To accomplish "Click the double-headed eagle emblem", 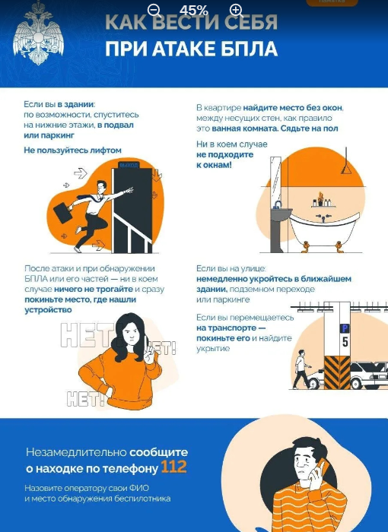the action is point(38,34).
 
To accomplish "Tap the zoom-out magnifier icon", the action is point(154,10).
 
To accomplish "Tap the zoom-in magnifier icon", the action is point(237,10).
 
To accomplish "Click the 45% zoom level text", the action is point(194,10).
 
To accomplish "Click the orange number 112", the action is point(173,467).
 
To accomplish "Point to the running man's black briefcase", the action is point(63,212).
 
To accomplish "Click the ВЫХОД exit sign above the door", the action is point(129,165).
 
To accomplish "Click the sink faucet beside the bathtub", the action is point(278,204).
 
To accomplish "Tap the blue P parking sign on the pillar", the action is point(345,328).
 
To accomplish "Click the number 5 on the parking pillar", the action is point(345,342).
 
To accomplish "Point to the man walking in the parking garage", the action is point(301,369).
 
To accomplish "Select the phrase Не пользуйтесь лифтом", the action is point(72,150).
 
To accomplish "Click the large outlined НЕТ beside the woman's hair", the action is point(87,335).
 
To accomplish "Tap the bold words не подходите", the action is point(225,155).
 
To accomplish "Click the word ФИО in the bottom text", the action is point(139,488).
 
